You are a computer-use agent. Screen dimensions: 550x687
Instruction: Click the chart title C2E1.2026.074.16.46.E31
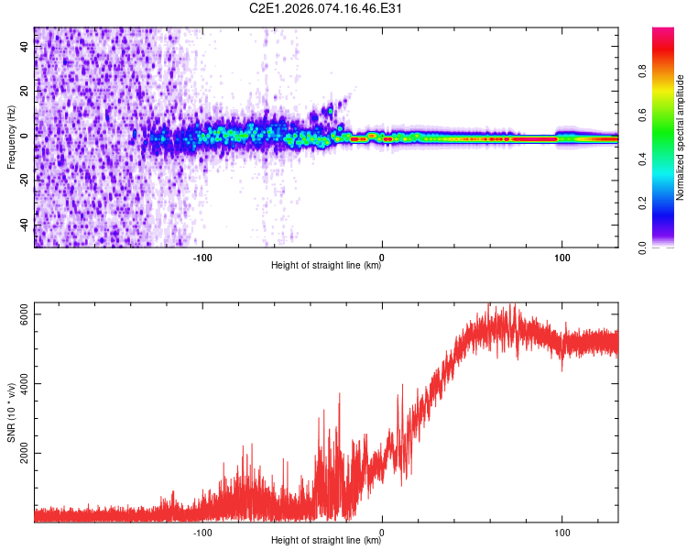pyautogui.click(x=327, y=9)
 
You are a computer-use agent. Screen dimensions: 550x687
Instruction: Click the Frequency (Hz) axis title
pyautogui.click(x=11, y=137)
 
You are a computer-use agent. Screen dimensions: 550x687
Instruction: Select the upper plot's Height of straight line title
pyautogui.click(x=327, y=266)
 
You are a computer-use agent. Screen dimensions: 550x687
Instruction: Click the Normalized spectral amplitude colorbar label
pyautogui.click(x=681, y=137)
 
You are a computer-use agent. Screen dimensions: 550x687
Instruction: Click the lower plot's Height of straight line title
pyautogui.click(x=327, y=541)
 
